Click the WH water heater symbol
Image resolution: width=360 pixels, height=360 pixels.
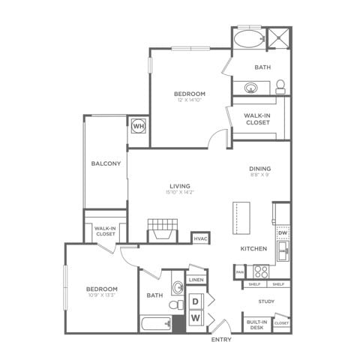(x=138, y=125)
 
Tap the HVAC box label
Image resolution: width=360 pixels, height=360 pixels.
(x=200, y=238)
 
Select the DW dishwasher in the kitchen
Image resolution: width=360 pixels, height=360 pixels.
(x=282, y=233)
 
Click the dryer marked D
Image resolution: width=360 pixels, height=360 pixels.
(x=195, y=301)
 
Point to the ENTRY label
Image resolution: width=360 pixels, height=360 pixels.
(x=221, y=340)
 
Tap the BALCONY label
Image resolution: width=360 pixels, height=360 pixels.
(x=106, y=163)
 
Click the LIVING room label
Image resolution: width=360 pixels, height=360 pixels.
(x=179, y=186)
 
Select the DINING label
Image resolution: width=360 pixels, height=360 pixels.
(x=259, y=169)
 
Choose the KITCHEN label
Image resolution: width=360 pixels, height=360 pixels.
(x=254, y=248)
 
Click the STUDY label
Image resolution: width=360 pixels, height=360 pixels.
(x=266, y=301)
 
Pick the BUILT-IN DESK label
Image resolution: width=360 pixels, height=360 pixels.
(x=256, y=324)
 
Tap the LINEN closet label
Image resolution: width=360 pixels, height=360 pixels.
(x=196, y=280)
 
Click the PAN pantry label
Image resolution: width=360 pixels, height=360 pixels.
(x=239, y=271)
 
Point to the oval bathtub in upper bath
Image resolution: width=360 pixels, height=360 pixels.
(x=247, y=39)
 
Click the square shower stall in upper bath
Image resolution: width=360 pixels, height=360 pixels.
(x=279, y=38)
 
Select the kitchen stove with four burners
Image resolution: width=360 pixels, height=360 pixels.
(x=262, y=271)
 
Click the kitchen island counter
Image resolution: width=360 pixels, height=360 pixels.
(x=240, y=218)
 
